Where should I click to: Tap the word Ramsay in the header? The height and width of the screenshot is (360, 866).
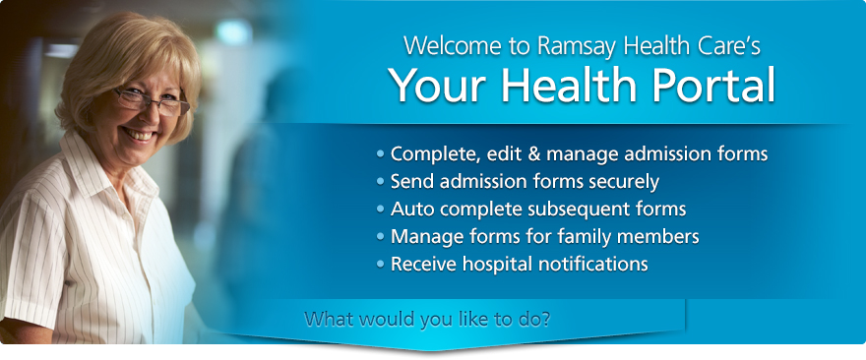(x=577, y=47)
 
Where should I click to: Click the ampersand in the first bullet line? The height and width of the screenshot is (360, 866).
(x=533, y=153)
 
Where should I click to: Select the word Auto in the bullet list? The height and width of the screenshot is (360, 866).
(x=412, y=210)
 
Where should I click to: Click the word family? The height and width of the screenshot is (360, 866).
(x=586, y=237)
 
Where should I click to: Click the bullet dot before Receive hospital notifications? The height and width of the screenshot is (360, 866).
(x=380, y=265)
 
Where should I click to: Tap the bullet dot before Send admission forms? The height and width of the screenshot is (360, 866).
(x=380, y=182)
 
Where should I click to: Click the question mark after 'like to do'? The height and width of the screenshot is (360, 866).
(x=545, y=319)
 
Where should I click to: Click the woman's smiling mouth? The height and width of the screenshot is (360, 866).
(x=140, y=135)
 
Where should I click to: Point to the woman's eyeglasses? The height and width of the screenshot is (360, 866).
(x=151, y=101)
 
